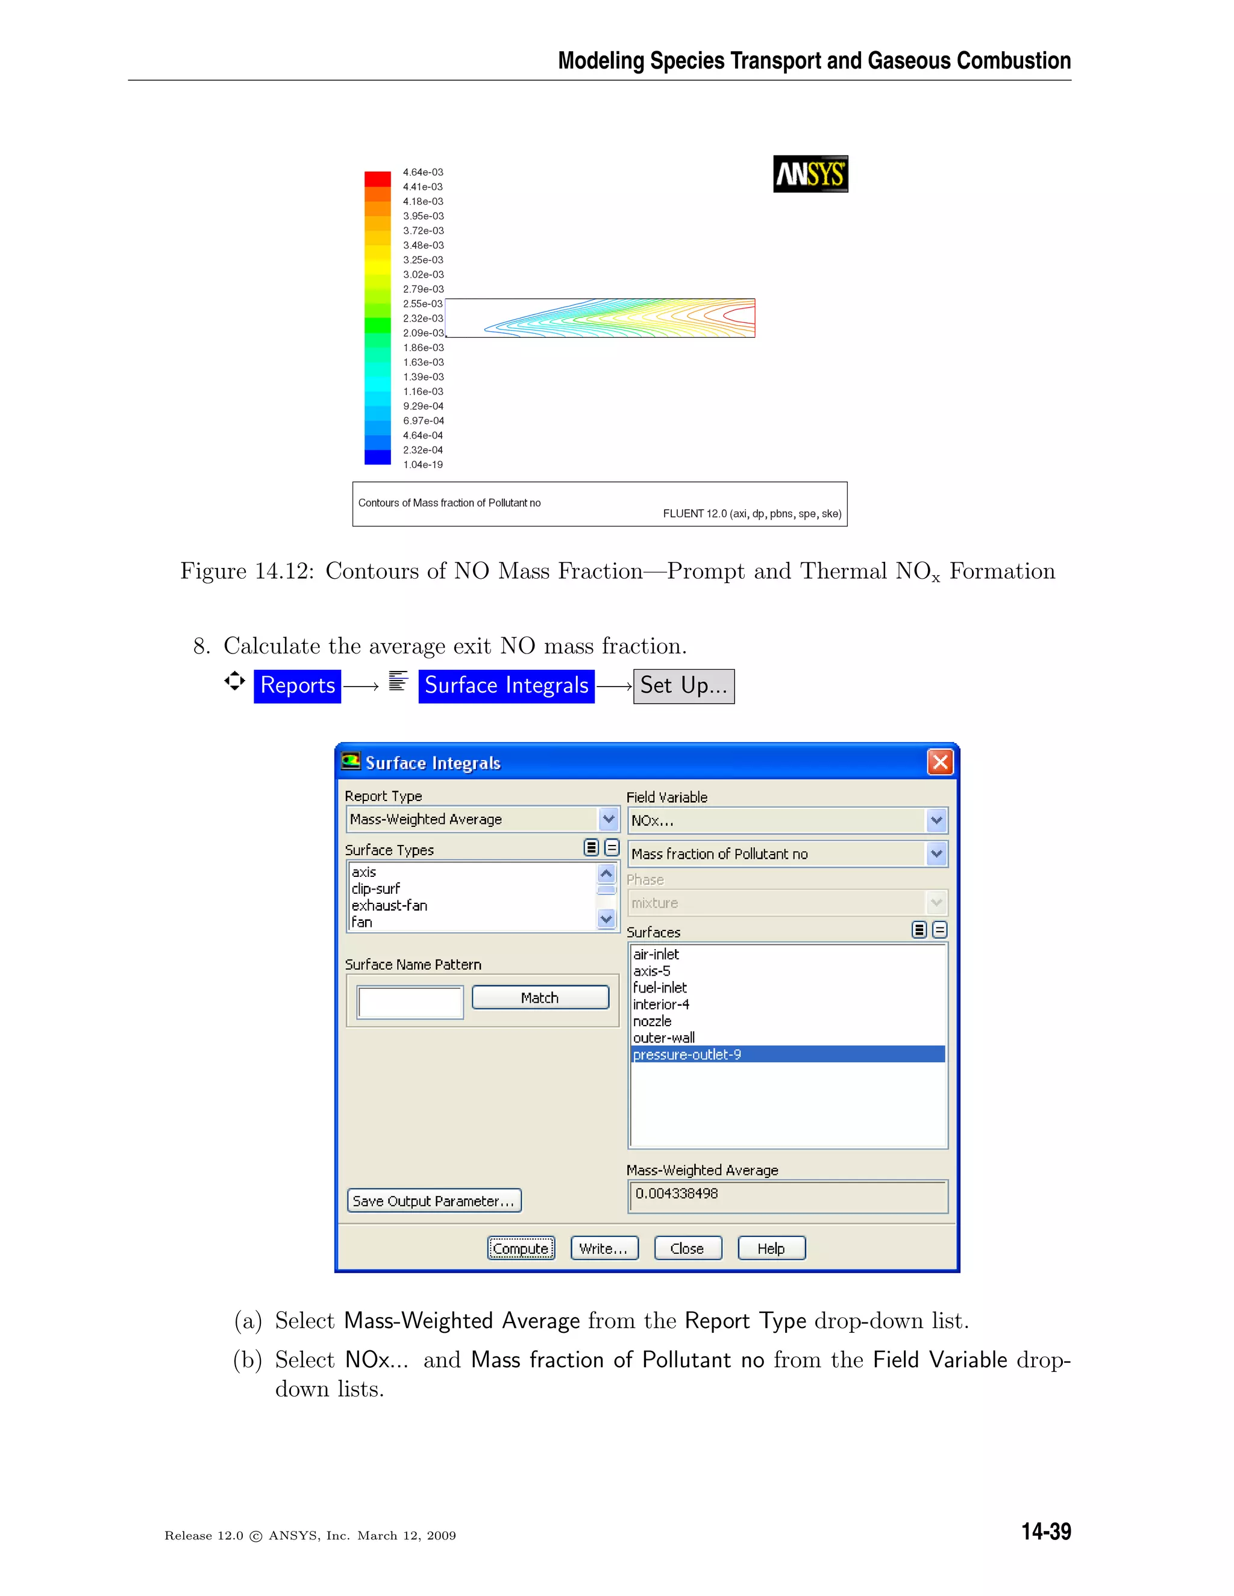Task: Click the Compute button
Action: (521, 1248)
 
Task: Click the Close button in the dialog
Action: (687, 1248)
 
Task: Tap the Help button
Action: (771, 1248)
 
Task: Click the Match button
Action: (540, 997)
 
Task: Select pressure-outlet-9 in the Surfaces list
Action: (687, 1055)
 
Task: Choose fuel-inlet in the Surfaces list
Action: (660, 987)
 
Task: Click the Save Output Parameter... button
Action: (433, 1201)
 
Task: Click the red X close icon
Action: (940, 762)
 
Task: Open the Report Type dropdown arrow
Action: (608, 819)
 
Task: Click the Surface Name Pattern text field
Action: (410, 1002)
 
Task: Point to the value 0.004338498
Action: (677, 1193)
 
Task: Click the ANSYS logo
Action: (810, 174)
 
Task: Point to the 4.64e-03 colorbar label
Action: (422, 172)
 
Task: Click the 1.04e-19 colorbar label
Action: (422, 465)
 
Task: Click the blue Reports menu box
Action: (298, 685)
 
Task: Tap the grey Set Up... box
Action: (683, 685)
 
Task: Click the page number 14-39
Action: (1045, 1532)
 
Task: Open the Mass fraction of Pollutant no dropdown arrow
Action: (936, 853)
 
